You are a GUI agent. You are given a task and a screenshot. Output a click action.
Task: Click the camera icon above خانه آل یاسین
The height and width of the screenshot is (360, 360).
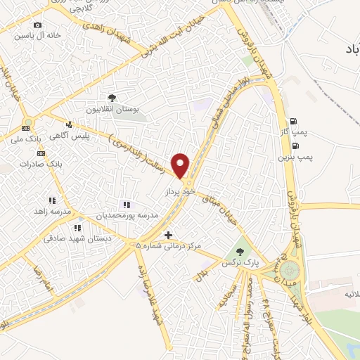(x=37, y=25)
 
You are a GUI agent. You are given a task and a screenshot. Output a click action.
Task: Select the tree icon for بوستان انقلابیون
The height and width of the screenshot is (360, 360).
(x=112, y=98)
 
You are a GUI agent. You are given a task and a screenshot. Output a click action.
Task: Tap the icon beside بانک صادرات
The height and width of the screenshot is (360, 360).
(x=41, y=153)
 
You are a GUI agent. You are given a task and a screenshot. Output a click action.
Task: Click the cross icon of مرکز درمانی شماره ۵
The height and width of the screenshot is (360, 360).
(x=167, y=235)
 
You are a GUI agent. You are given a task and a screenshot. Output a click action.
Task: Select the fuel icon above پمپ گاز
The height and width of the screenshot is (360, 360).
(x=293, y=120)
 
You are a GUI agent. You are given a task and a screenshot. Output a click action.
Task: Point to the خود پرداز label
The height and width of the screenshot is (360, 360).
(x=178, y=191)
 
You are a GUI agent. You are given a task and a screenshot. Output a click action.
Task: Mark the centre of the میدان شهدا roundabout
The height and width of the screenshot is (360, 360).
(x=290, y=269)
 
